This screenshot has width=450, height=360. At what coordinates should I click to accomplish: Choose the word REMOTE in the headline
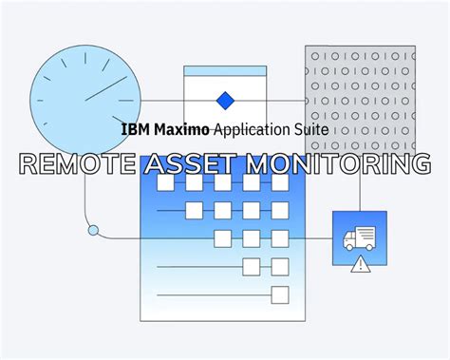point(75,163)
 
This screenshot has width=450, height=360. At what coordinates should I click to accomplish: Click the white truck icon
point(359,237)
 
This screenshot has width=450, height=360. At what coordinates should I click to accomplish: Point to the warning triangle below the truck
point(360,266)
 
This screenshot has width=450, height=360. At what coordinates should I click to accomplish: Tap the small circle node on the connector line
point(93,230)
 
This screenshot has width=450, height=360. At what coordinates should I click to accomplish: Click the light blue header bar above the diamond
point(224,71)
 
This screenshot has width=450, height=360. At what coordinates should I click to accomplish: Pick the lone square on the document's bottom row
point(280,294)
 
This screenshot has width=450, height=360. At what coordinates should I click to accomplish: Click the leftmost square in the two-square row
point(252,266)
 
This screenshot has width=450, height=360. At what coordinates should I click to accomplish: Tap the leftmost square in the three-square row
point(223,237)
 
